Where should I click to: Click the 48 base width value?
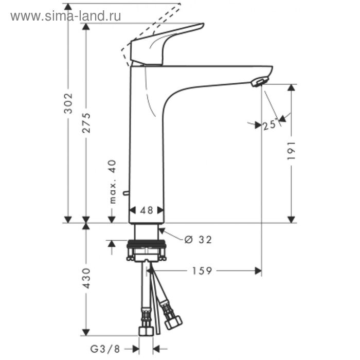pyautogui.click(x=147, y=210)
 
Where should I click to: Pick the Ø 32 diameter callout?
pyautogui.click(x=197, y=239)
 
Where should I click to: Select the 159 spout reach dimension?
pyautogui.click(x=202, y=271)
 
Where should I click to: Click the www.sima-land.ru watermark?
pyautogui.click(x=65, y=16)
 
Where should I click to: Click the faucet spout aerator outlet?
pyautogui.click(x=259, y=81)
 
